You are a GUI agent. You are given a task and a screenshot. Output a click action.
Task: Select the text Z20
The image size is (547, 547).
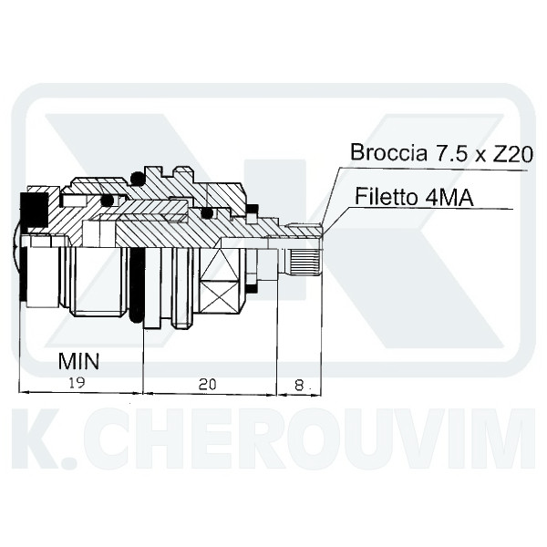(512, 153)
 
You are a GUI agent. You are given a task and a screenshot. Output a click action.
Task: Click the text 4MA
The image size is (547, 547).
(449, 197)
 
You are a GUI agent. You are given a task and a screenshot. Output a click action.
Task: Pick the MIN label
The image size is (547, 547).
(78, 361)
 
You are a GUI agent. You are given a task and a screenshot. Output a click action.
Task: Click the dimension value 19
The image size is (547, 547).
(77, 383)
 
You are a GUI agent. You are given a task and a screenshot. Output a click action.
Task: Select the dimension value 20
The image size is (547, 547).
(207, 384)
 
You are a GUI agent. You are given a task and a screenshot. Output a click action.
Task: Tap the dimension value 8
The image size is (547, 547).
(299, 385)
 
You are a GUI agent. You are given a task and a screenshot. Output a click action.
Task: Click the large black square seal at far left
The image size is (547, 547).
(35, 210)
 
